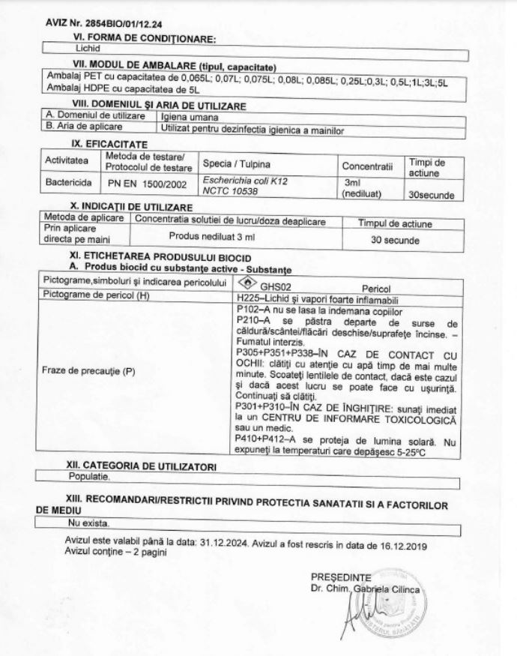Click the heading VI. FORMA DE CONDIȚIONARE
(144, 39)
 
